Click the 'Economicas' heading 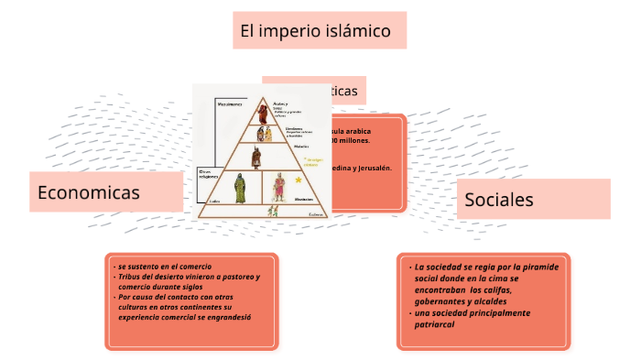point(89,192)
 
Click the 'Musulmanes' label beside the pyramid point(229,104)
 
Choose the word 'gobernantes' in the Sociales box point(440,301)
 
